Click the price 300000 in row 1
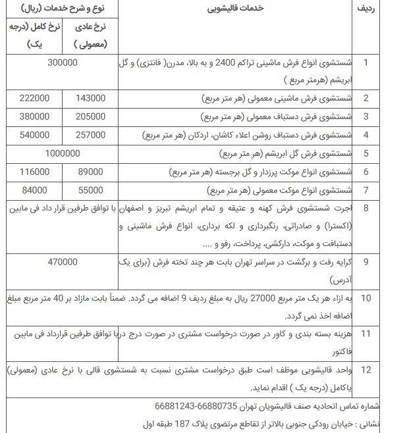pos(63,63)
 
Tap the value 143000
pos(90,98)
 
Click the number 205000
pos(90,116)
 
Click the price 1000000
pos(63,153)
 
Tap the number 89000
pos(90,172)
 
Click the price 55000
pos(90,190)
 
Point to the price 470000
pos(63,262)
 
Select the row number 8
pos(366,209)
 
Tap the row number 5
pos(366,153)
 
